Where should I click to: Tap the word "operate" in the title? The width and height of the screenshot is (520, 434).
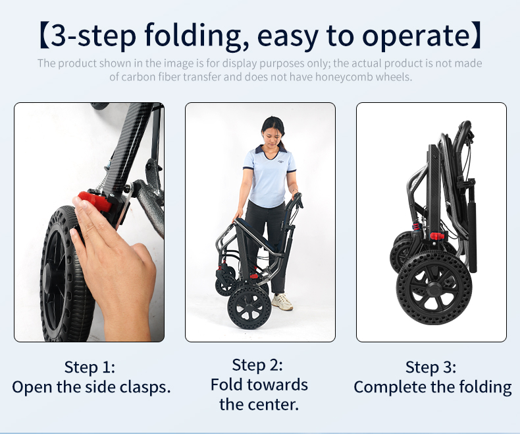pos(416,36)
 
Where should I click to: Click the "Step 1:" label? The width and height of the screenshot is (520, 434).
pos(90,367)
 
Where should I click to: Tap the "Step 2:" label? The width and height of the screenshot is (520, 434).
pos(257,365)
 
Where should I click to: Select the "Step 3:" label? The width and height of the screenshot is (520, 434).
pos(430,367)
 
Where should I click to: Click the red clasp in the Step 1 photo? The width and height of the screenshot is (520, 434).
pos(94,201)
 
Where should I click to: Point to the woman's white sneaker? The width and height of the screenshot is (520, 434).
pos(282,301)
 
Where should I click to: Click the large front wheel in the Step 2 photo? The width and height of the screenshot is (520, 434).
pos(249,308)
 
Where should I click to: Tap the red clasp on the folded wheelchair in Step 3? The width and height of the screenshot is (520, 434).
pos(437,236)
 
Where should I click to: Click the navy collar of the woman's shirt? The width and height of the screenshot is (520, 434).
pos(270,150)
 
